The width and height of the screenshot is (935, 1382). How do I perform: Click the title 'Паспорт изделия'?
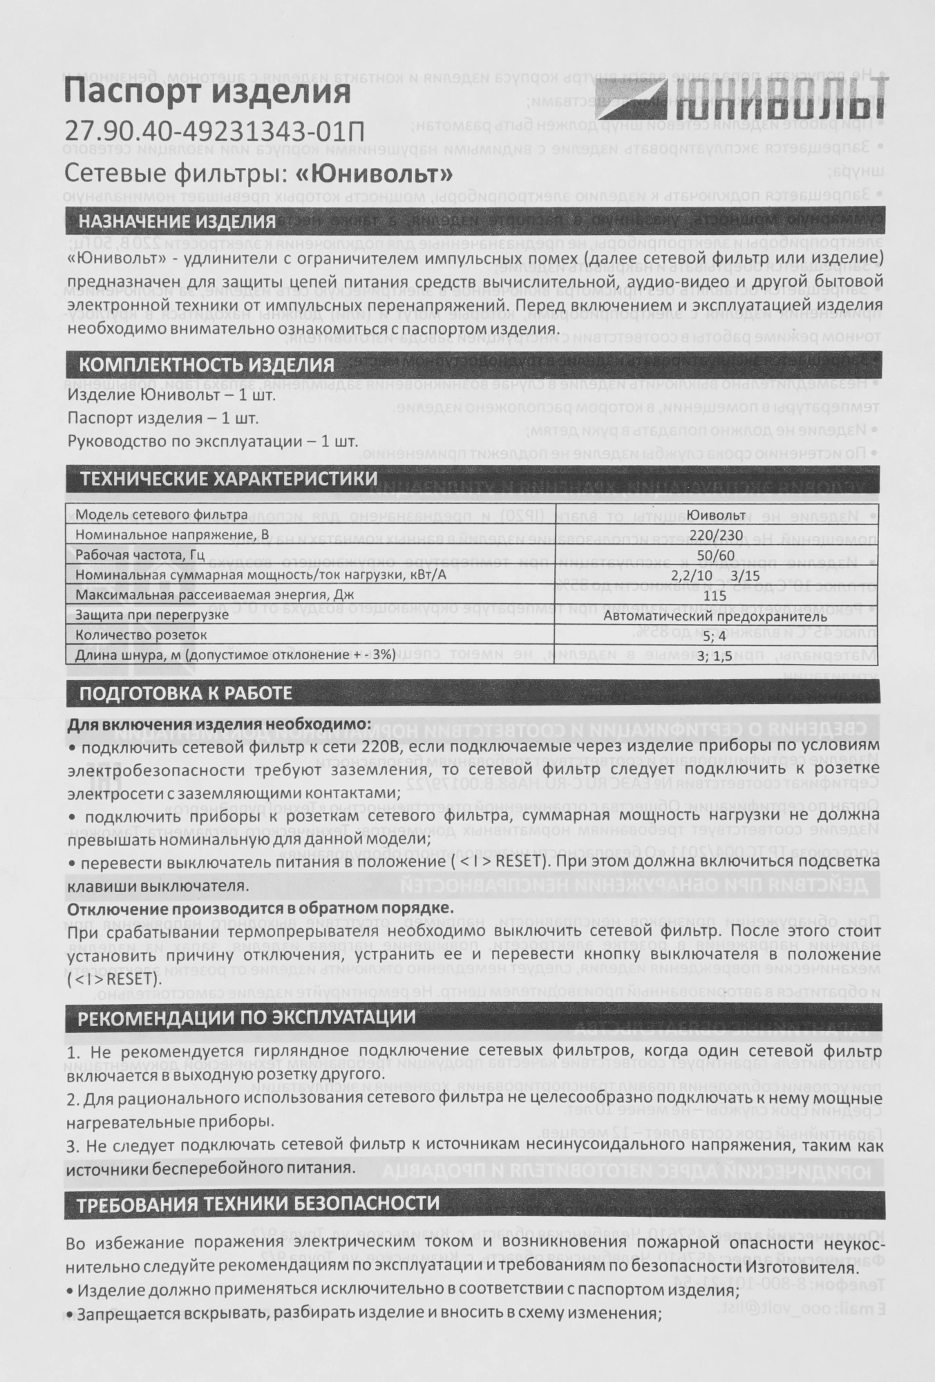(x=207, y=92)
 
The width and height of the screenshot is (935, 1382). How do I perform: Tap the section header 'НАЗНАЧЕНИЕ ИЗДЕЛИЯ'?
(x=177, y=222)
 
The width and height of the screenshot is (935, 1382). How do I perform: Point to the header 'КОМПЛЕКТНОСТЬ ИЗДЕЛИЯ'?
(x=206, y=364)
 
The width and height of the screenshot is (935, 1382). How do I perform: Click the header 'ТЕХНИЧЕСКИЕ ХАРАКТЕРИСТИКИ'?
(x=229, y=479)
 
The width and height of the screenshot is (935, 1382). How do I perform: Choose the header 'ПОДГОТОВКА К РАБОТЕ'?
(x=186, y=693)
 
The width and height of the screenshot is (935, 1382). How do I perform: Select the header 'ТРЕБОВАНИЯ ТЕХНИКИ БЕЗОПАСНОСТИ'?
(x=258, y=1203)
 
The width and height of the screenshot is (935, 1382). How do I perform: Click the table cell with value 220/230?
(x=715, y=535)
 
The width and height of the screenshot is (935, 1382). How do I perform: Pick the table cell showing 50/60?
(x=715, y=555)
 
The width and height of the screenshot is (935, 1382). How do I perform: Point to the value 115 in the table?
(x=715, y=594)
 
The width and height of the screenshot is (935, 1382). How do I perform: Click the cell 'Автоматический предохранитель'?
(x=715, y=615)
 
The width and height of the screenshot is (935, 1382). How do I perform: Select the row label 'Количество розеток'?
(x=141, y=634)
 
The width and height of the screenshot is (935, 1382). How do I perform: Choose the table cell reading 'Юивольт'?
(x=715, y=515)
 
